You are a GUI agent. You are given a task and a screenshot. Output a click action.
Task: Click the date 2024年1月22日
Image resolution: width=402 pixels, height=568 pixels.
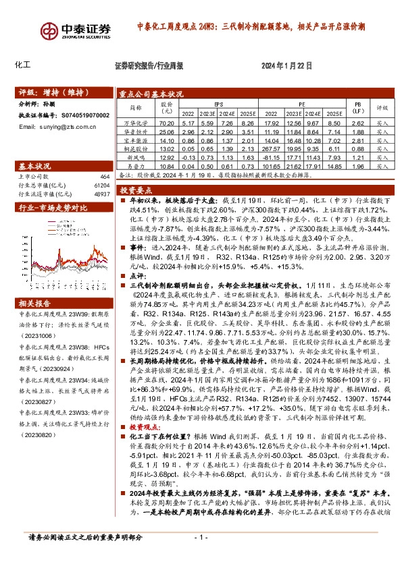286,66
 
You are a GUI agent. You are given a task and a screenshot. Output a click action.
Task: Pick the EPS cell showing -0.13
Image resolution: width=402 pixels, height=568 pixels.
189,157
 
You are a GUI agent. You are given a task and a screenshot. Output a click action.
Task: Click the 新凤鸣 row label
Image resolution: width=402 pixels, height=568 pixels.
136,157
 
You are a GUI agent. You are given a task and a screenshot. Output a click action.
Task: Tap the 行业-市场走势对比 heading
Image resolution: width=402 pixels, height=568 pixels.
49,208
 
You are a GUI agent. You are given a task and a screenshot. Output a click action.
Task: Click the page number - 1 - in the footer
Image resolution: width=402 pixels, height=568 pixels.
200,557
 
